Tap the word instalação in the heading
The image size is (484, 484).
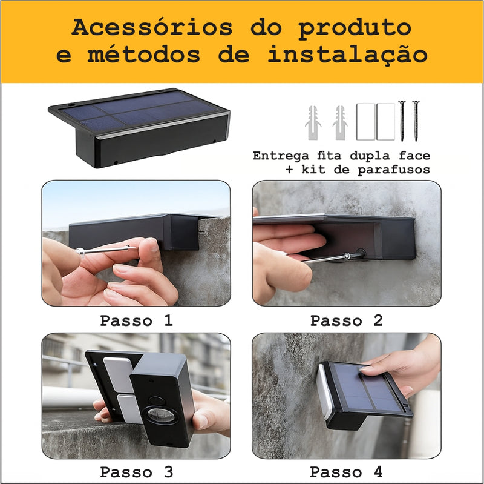[347, 55]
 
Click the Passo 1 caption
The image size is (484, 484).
[136, 320]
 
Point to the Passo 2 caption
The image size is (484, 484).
[346, 320]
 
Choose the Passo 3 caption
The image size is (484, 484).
[136, 471]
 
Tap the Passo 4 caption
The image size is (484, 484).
[346, 471]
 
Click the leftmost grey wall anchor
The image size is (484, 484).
[313, 122]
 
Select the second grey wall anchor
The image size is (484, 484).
[340, 122]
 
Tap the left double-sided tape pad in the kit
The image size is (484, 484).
[365, 122]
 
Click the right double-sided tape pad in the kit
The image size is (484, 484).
[385, 122]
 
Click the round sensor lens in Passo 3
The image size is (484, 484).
[160, 418]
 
